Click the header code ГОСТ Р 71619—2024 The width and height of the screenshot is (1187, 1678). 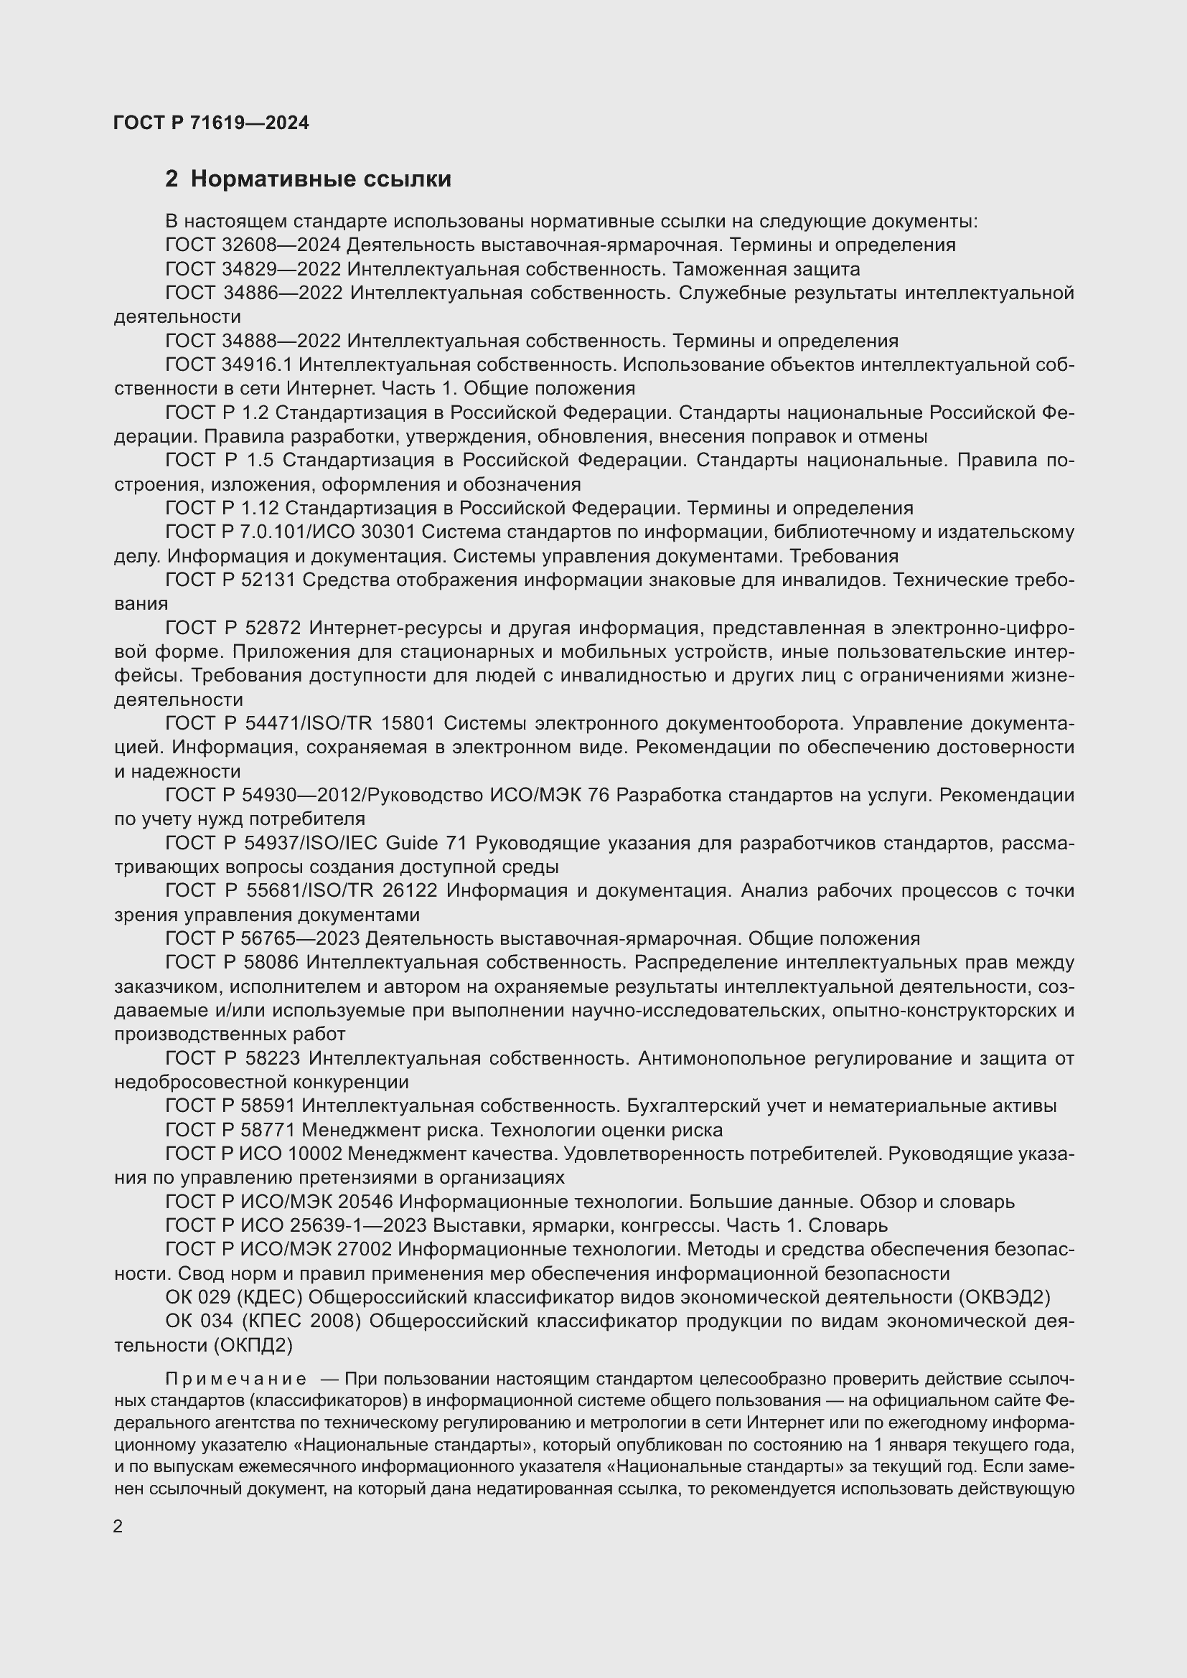click(211, 123)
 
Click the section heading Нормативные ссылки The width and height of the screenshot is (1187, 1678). click(320, 179)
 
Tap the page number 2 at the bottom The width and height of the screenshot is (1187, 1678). click(118, 1526)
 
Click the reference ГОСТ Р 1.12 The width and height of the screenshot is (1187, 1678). click(222, 508)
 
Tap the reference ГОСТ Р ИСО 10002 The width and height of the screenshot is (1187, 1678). click(253, 1154)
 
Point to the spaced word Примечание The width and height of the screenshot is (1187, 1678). click(236, 1379)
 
